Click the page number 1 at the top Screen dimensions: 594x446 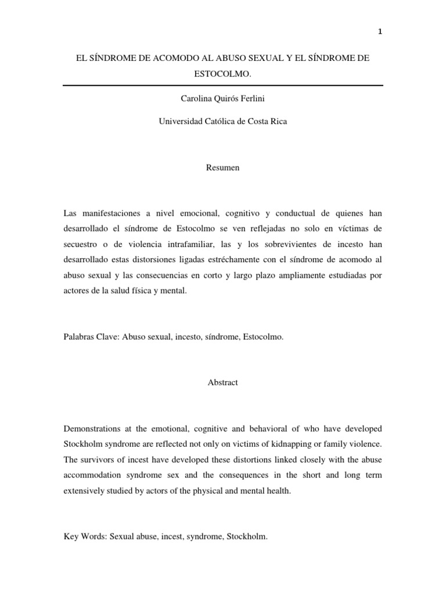(379, 32)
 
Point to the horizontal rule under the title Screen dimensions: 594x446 (222, 85)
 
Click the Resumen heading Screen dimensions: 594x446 (222, 168)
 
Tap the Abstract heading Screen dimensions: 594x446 (222, 383)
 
